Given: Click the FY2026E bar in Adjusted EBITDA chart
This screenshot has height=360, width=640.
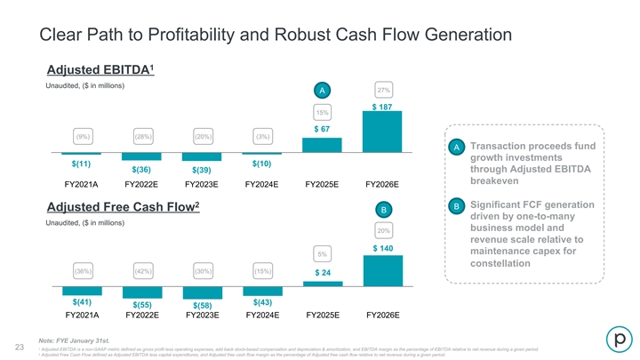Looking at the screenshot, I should pos(382,132).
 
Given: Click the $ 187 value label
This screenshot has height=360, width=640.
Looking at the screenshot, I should pos(383,107).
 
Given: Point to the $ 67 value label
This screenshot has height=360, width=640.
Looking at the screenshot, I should pos(323,131).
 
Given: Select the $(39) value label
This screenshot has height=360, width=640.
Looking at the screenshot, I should pos(201,170).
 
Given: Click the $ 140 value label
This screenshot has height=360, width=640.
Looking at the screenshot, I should pos(383,248).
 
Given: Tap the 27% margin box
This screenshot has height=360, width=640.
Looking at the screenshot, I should pos(384,91).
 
